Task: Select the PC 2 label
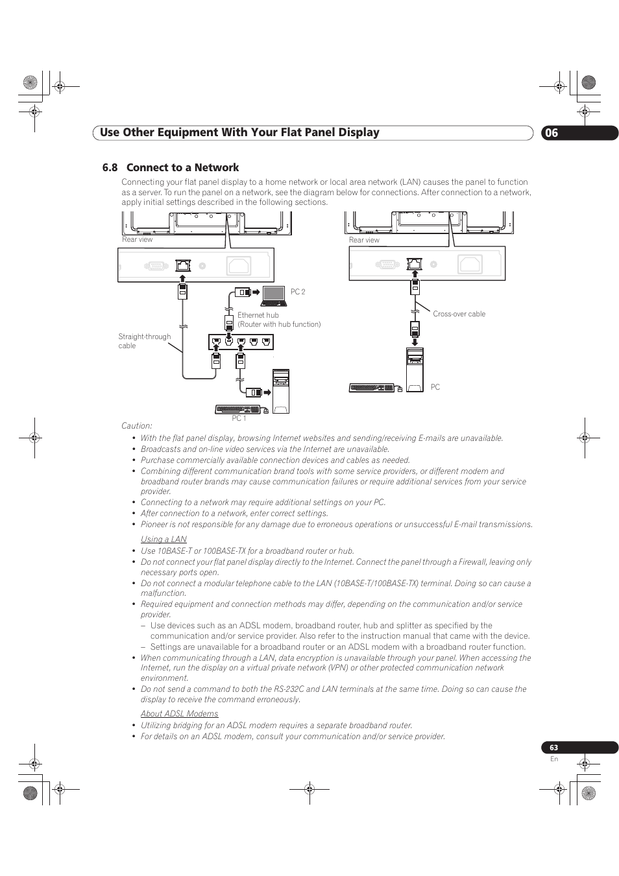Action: pos(297,292)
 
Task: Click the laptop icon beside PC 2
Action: pos(274,296)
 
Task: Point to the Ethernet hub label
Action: pos(258,315)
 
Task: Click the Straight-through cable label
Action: pos(144,341)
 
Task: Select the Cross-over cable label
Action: pos(459,314)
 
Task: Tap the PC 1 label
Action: pos(239,418)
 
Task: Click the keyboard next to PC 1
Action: pos(237,409)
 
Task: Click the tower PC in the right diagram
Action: pos(415,370)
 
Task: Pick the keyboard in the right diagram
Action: pos(372,388)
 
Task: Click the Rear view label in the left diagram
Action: pos(137,239)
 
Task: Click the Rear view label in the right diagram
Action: pos(364,240)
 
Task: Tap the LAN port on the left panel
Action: pos(183,265)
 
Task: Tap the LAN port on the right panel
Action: pos(415,263)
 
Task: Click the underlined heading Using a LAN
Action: pos(164,539)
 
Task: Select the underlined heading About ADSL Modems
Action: pos(180,713)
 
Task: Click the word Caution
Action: pos(136,425)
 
